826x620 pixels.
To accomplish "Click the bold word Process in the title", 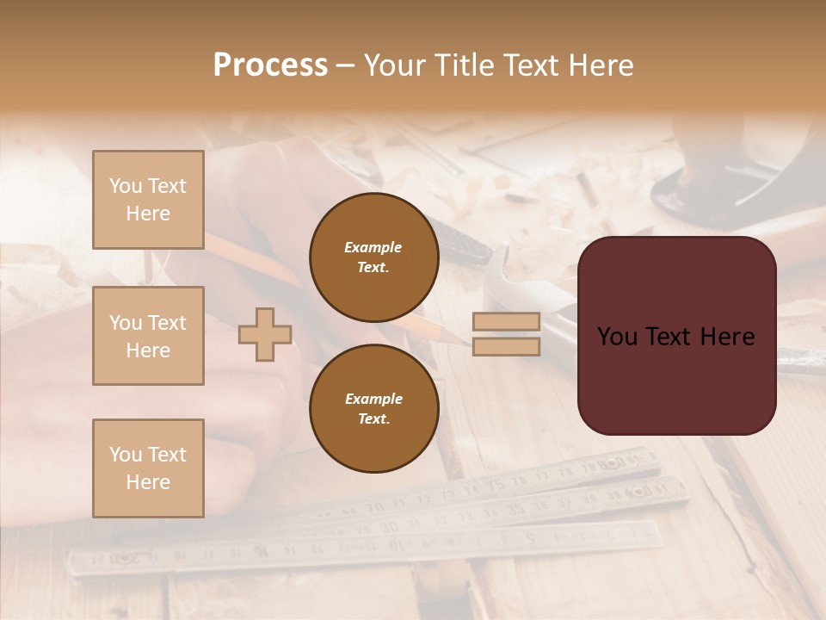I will point(270,65).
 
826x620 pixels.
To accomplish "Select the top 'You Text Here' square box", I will point(148,200).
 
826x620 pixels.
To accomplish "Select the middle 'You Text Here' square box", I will point(148,336).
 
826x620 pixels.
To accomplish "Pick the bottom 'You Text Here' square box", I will point(148,468).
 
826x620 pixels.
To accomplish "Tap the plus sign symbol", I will point(264,334).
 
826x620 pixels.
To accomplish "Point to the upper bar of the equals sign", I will point(506,321).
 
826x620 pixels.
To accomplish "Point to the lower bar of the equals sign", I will point(506,346).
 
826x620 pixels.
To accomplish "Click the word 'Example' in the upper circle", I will point(373,247).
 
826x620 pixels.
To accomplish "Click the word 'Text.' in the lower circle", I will point(373,418).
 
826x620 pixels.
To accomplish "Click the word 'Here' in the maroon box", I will point(726,337).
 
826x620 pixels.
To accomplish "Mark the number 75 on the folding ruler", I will point(496,485).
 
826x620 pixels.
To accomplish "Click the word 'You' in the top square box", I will point(126,186).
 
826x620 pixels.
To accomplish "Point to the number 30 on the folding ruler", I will point(389,526).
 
